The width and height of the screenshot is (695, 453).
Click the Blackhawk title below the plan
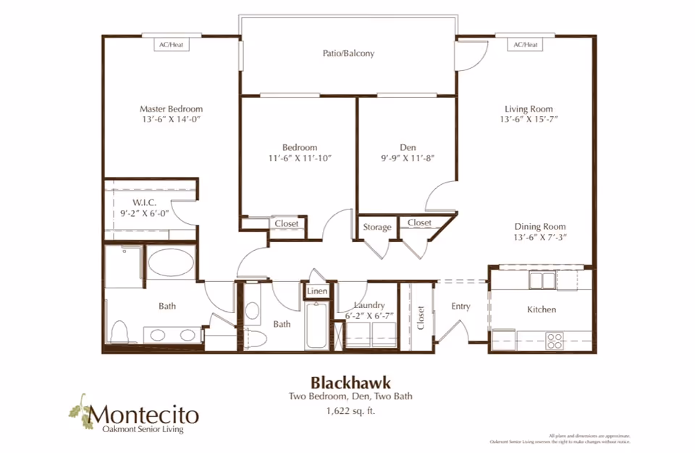[351, 381]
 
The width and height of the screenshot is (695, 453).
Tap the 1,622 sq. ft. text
[351, 411]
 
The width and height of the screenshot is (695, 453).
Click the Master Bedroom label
[171, 109]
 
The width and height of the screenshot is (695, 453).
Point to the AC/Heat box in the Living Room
[526, 45]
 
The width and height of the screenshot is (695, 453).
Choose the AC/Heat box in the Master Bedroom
[171, 45]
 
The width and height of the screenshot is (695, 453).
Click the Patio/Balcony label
[348, 53]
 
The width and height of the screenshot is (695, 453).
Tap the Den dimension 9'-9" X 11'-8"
[407, 158]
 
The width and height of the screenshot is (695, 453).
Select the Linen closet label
[317, 291]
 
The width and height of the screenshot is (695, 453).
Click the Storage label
[377, 227]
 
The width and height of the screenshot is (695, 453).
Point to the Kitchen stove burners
[555, 340]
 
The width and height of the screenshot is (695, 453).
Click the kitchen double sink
[542, 280]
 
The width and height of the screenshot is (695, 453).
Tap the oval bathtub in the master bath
[171, 262]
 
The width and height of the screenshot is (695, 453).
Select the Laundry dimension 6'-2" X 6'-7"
[369, 315]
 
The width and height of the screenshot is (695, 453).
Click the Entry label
[461, 307]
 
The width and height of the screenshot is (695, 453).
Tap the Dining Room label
[540, 226]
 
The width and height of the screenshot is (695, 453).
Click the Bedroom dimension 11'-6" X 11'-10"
[299, 158]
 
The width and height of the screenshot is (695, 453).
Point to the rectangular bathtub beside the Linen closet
[317, 326]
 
